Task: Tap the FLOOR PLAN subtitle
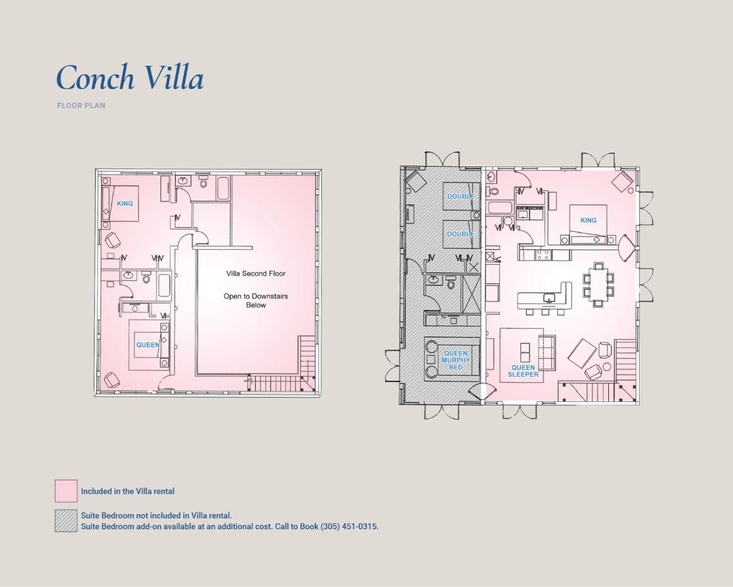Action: (81, 106)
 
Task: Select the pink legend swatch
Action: (66, 491)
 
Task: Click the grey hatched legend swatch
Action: (66, 520)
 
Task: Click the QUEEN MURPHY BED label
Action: (456, 360)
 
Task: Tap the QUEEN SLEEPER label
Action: (523, 371)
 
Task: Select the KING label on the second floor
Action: (125, 204)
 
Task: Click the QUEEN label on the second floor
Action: (148, 345)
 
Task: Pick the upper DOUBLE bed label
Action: (461, 197)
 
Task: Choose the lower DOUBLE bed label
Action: (461, 234)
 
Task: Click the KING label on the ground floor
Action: (588, 220)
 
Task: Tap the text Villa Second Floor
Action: (256, 274)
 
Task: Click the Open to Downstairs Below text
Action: (256, 300)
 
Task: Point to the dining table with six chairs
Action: (598, 285)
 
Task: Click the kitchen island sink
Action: (549, 298)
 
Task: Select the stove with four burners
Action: (543, 255)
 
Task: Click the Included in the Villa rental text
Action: (128, 491)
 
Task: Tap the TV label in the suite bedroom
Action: (443, 318)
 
